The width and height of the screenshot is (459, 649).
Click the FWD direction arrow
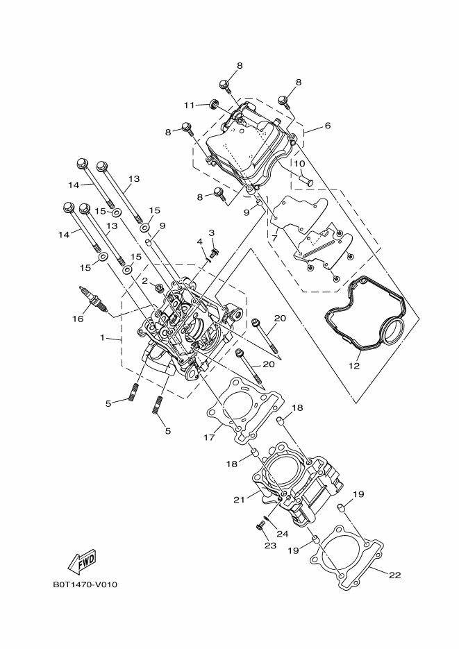click(81, 560)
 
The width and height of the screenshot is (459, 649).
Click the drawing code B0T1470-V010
click(85, 584)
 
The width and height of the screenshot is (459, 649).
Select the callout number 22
click(395, 575)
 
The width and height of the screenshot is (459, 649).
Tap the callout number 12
click(354, 366)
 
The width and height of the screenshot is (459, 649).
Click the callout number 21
click(238, 499)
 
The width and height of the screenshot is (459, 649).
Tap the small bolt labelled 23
click(260, 527)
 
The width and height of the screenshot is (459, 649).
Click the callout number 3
click(211, 233)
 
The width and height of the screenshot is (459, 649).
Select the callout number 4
click(199, 242)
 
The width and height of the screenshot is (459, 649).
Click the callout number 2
click(145, 282)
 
